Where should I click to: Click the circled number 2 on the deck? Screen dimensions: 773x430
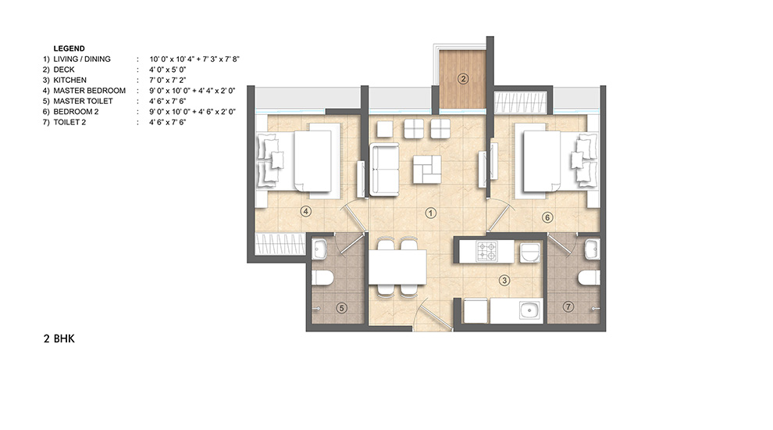click(462, 78)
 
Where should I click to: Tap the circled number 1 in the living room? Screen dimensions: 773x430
click(431, 213)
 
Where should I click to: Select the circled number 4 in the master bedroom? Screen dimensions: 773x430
click(306, 211)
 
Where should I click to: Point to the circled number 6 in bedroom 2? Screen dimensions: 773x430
click(547, 217)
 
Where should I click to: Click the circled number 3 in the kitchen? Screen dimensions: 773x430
click(504, 281)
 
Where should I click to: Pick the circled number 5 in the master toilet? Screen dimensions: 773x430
click(341, 308)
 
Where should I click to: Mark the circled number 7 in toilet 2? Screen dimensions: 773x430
click(568, 307)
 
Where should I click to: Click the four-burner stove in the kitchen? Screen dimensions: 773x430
click(487, 251)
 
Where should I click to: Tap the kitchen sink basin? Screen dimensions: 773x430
click(530, 311)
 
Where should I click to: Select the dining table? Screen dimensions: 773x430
click(397, 267)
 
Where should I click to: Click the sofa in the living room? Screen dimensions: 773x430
click(384, 170)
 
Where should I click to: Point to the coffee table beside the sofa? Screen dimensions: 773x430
click(427, 170)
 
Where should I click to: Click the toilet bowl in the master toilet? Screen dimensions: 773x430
click(322, 278)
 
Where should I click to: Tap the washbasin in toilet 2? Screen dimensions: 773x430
click(592, 249)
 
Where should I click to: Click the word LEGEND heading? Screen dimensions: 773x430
click(69, 48)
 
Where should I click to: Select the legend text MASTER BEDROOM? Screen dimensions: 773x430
click(89, 91)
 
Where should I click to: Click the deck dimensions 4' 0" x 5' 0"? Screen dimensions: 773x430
click(168, 70)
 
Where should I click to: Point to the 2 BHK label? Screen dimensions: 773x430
click(59, 339)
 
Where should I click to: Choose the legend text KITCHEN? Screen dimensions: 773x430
click(70, 80)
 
